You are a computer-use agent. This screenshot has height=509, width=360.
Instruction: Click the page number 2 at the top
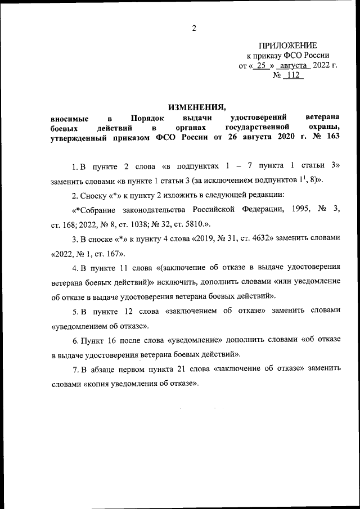pos(193,29)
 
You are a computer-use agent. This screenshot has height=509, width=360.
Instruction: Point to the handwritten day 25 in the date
pos(259,65)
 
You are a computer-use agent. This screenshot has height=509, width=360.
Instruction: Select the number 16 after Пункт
pos(105,339)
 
